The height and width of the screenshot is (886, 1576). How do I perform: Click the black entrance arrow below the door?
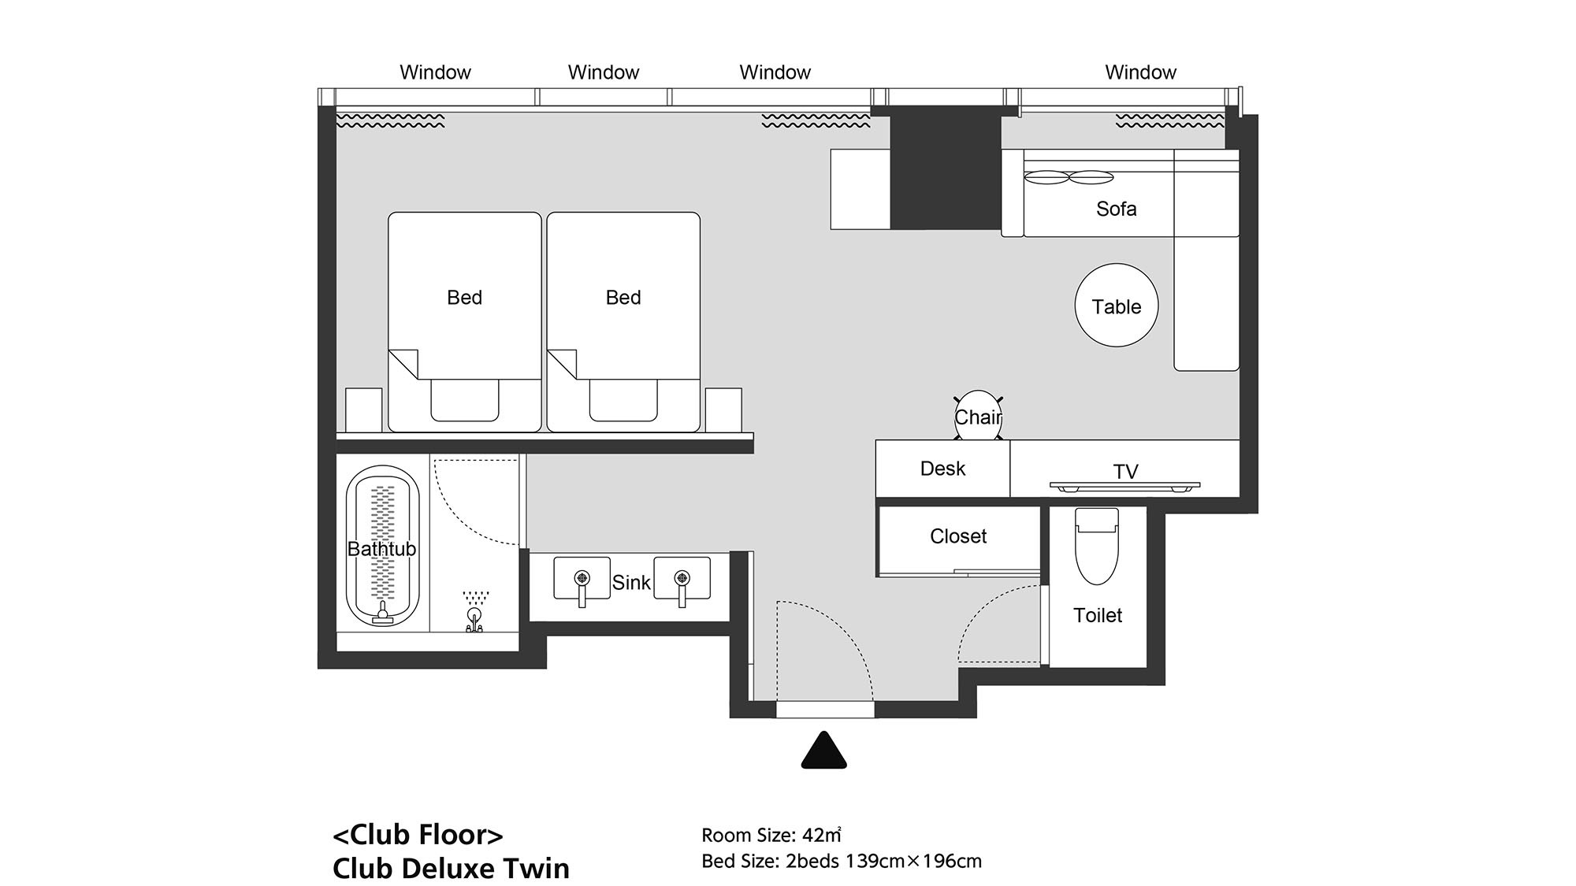tap(823, 751)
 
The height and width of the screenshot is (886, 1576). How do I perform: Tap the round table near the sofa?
tap(1117, 305)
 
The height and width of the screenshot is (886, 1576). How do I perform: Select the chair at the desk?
tap(978, 415)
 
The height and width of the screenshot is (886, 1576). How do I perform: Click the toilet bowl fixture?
tap(1097, 546)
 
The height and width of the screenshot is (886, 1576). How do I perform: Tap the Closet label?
tap(958, 536)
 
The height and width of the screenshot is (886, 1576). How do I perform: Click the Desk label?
tap(942, 469)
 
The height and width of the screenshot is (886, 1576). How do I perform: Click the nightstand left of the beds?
tap(364, 410)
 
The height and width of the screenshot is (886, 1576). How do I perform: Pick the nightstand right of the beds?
tap(723, 410)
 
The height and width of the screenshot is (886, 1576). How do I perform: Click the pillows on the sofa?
tap(1069, 178)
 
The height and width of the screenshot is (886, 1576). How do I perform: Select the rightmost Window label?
tap(1140, 72)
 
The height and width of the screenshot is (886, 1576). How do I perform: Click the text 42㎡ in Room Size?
tap(822, 835)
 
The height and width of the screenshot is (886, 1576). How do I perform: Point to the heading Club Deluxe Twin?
tap(451, 868)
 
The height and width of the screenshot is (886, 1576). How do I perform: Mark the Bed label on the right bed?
tap(623, 298)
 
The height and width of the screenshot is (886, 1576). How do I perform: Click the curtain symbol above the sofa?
tap(1169, 120)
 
